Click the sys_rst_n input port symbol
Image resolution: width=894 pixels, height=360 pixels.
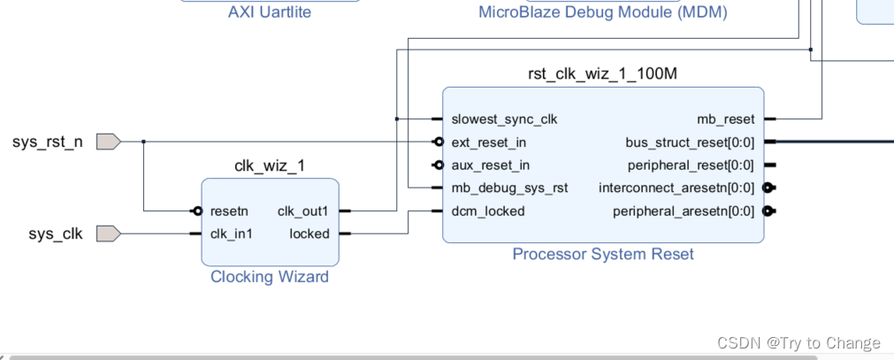107,142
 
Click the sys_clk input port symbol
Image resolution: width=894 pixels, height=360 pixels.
107,234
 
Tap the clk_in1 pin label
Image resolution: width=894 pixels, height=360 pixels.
232,234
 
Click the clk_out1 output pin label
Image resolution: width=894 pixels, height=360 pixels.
303,211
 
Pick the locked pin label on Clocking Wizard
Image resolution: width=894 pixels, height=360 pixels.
309,234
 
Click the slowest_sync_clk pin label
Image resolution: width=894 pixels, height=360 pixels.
504,119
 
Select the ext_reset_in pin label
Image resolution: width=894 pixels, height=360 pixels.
490,142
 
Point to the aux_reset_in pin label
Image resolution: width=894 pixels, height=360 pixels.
491,165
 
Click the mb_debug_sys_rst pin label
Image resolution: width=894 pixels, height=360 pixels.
509,188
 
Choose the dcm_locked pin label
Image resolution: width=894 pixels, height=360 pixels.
487,211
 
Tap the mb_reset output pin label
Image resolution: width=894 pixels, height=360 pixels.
726,119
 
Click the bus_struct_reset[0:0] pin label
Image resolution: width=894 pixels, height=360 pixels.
690,142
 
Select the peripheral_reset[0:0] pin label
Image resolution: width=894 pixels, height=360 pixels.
691,165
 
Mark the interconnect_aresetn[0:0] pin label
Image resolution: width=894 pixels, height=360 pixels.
676,188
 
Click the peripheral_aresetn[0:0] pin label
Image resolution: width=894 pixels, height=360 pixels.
684,211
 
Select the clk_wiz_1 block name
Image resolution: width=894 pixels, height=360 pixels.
270,165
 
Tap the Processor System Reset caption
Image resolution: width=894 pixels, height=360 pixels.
603,254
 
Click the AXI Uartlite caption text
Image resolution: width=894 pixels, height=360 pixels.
269,11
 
